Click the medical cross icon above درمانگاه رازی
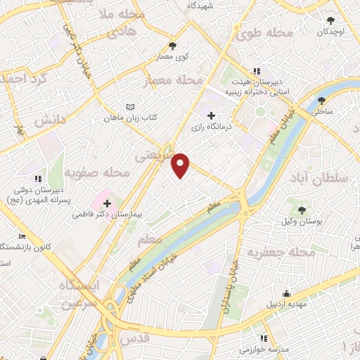coord(212,115)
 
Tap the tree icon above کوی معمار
coord(172,46)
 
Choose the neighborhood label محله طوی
coord(264,32)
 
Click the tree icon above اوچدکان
coord(331,20)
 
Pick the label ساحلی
coord(323,111)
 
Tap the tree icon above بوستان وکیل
coord(302,210)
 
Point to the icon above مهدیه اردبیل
coord(286,293)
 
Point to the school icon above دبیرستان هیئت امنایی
coord(257,71)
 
